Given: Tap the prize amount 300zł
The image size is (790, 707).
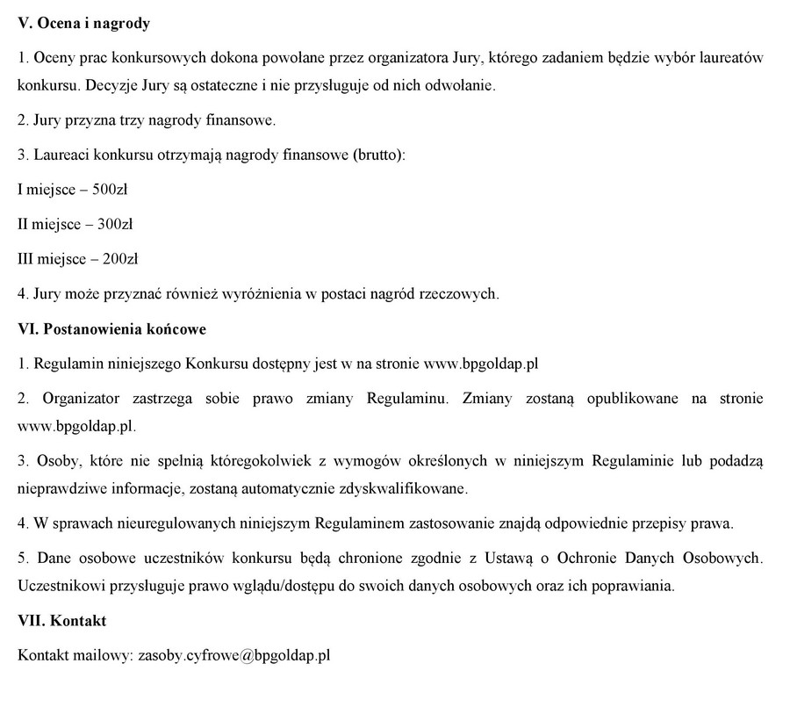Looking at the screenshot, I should (x=114, y=224).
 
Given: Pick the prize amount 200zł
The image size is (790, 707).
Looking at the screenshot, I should (x=119, y=259).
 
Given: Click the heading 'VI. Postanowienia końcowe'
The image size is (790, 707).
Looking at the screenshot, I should (x=112, y=329).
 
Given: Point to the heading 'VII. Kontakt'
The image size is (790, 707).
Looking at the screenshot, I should (x=62, y=621).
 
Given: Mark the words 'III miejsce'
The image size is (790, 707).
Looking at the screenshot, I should (x=52, y=259).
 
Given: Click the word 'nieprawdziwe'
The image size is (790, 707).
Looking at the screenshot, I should (x=60, y=488).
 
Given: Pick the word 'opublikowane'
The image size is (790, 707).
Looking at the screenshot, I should (x=622, y=399).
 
